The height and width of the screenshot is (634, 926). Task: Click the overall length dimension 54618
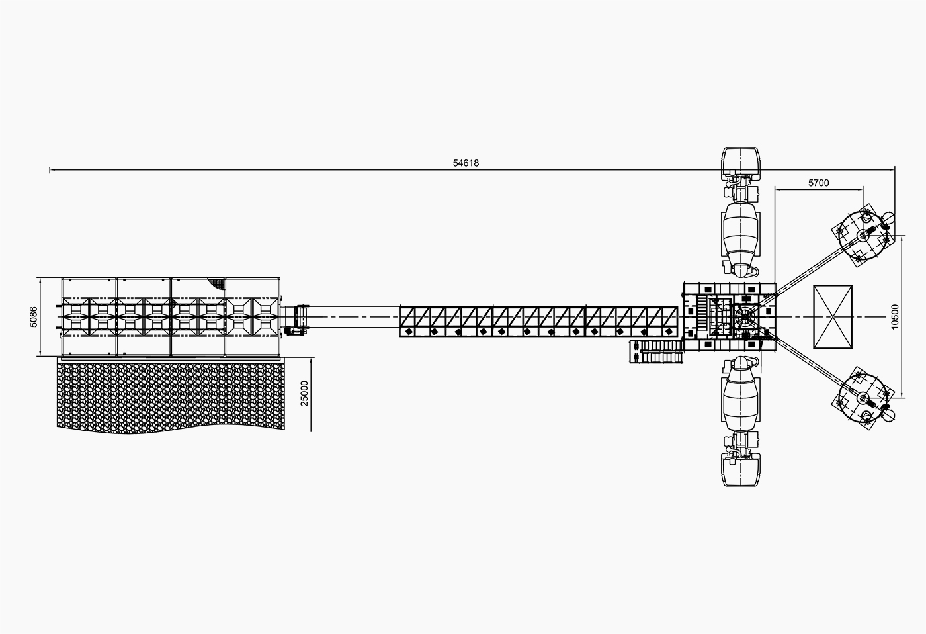[x=466, y=163]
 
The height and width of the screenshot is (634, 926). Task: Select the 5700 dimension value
[x=819, y=183]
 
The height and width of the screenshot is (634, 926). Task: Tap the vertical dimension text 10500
[x=895, y=317]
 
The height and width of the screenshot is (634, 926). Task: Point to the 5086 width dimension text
[x=34, y=317]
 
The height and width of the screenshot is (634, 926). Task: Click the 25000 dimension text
[x=304, y=393]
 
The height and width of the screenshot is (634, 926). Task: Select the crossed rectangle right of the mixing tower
[x=833, y=317]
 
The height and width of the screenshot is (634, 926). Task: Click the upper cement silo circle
[x=863, y=236]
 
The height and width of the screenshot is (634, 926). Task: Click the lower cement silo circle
[x=863, y=398]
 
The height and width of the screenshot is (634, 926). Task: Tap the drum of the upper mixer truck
[x=741, y=236]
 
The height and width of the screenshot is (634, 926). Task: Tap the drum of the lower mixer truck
[x=741, y=398]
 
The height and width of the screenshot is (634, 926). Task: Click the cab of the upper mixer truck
[x=741, y=163]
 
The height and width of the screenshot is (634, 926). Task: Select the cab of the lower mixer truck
[x=741, y=470]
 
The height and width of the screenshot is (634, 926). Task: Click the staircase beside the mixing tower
[x=656, y=351]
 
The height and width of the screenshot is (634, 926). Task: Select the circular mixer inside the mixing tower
[x=745, y=318]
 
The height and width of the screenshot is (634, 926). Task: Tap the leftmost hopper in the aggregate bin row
[x=75, y=317]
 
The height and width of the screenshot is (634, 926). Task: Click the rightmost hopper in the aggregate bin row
[x=266, y=317]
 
